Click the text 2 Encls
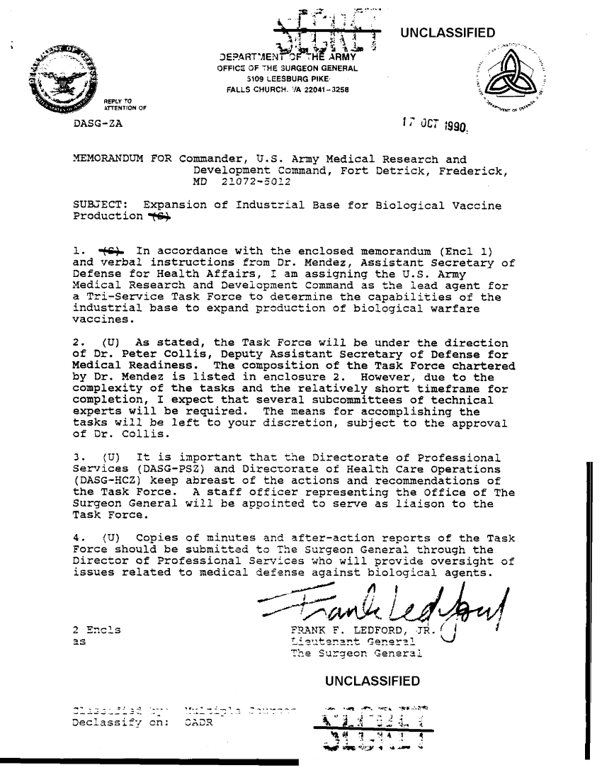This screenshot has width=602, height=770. point(96,628)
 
